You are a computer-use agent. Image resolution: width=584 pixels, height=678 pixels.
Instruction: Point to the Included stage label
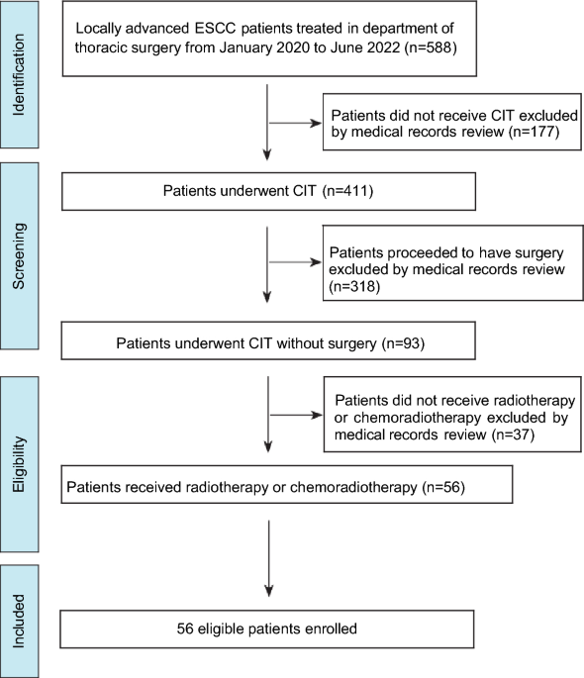[20, 621]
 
